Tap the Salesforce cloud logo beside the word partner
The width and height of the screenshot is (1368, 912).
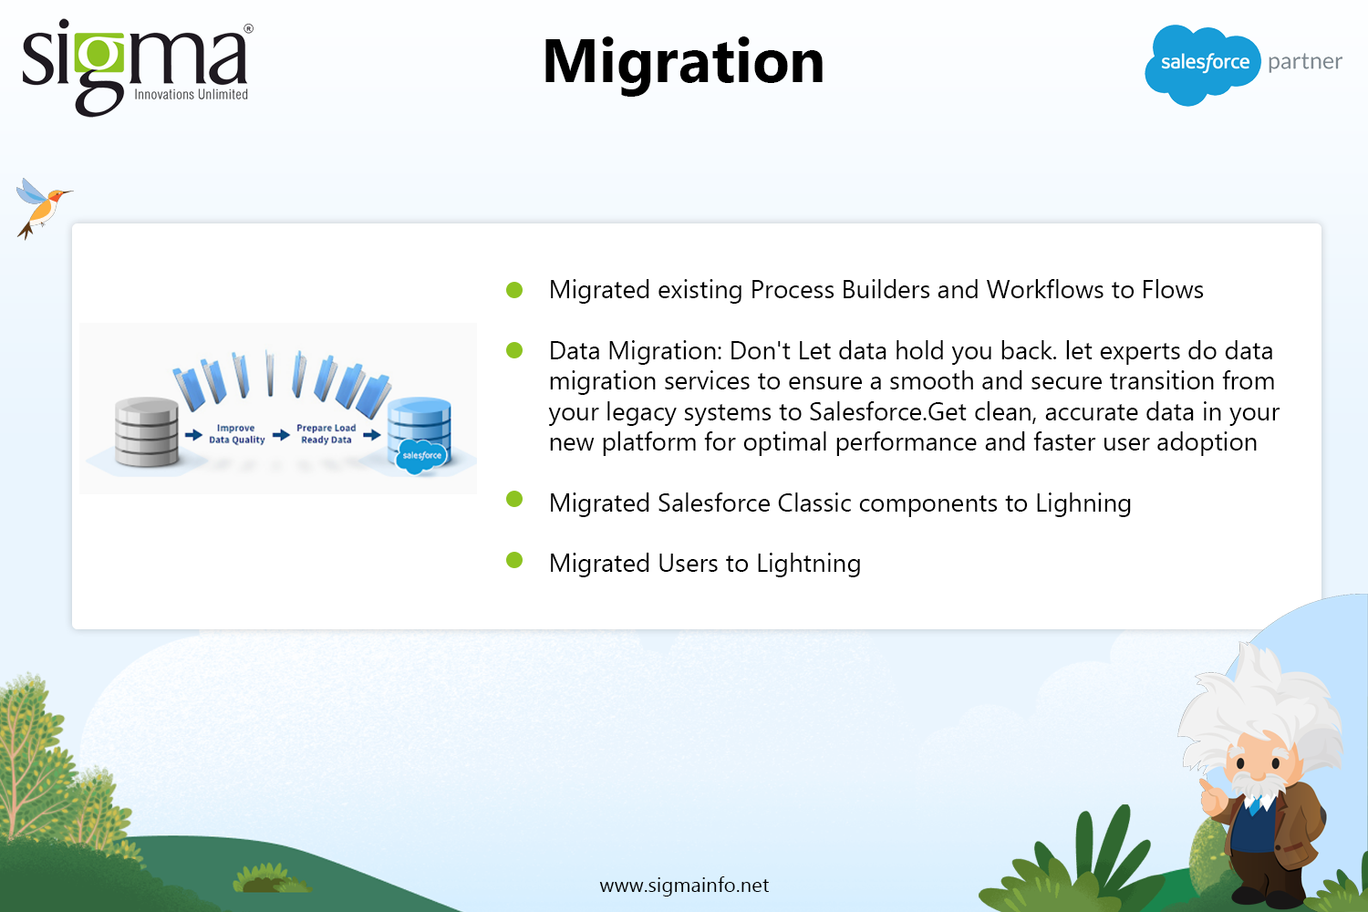(x=1202, y=64)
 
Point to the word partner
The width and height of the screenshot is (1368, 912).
(x=1304, y=62)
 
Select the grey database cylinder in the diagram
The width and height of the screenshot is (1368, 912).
(x=147, y=431)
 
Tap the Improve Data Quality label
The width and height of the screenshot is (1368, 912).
(x=236, y=434)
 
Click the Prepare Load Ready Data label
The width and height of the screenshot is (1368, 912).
(x=326, y=434)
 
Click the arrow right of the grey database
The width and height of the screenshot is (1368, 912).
(x=193, y=435)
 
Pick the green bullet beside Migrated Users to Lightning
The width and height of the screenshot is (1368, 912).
(x=514, y=560)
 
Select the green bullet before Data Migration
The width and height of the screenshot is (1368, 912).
(x=514, y=350)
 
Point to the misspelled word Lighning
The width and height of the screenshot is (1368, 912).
(x=1083, y=504)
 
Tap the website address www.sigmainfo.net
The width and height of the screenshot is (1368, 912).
(x=684, y=886)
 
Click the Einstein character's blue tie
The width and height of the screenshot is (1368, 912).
(x=1255, y=805)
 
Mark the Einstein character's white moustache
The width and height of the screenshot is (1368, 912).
(x=1258, y=783)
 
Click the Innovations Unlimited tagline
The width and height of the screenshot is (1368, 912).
(x=192, y=95)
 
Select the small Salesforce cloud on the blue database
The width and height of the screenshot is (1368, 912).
(x=421, y=456)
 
